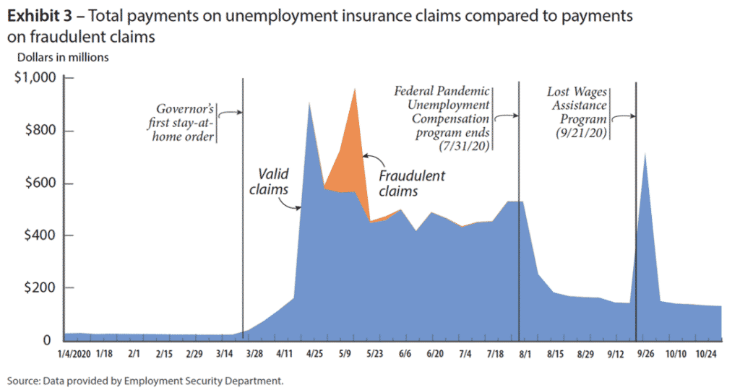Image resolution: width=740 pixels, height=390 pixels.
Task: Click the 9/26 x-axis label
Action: tap(645, 355)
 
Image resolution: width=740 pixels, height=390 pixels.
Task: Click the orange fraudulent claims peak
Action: tap(355, 91)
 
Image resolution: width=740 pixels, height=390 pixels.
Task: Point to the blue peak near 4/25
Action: tap(309, 105)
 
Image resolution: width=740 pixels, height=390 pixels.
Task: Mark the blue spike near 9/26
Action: tap(644, 154)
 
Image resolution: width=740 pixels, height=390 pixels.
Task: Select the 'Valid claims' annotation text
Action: tap(274, 181)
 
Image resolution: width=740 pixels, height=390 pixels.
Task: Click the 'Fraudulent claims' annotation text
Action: tap(410, 183)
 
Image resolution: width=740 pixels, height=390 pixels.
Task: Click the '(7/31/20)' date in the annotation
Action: tap(464, 145)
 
